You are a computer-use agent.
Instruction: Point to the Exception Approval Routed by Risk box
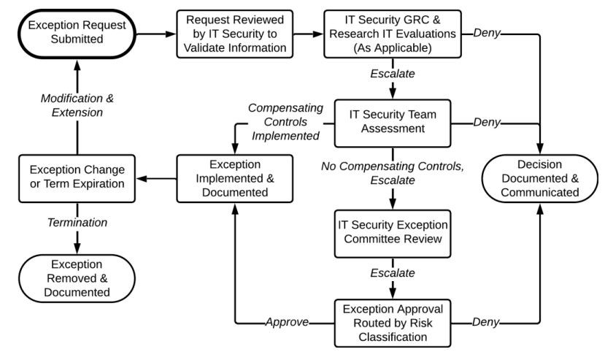click(x=394, y=322)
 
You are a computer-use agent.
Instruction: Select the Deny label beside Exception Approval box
click(x=486, y=322)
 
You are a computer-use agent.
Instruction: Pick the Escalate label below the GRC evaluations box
click(x=394, y=74)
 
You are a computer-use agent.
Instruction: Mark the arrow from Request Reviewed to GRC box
click(x=306, y=33)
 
